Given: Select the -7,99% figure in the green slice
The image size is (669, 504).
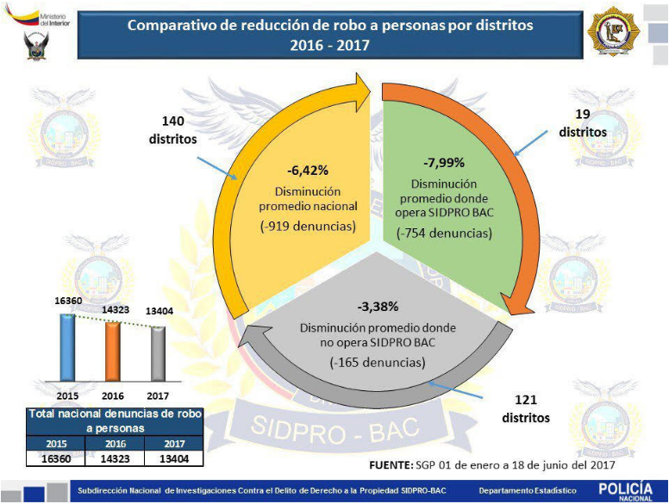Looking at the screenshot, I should pyautogui.click(x=444, y=163).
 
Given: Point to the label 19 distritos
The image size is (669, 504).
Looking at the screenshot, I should pyautogui.click(x=582, y=124).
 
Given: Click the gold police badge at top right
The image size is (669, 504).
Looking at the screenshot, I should pyautogui.click(x=614, y=34).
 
